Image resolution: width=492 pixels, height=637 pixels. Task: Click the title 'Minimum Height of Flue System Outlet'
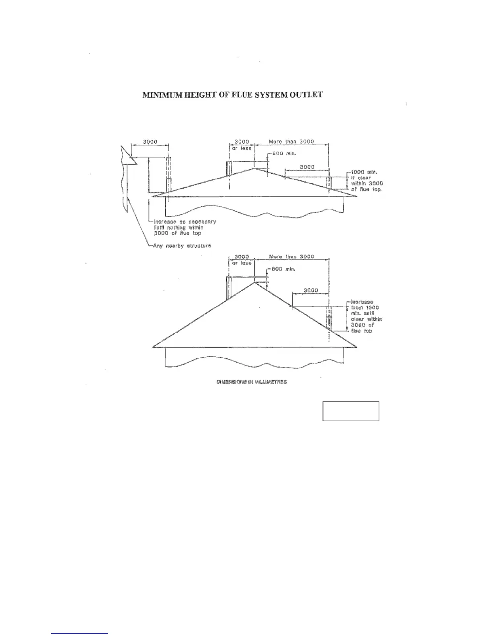(232, 95)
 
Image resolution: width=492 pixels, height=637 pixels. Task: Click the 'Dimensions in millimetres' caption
(252, 382)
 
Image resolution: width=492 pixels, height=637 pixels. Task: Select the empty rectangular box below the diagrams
(351, 411)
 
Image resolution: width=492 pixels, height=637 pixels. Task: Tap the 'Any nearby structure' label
(182, 246)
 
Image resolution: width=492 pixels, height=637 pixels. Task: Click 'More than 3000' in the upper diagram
(291, 142)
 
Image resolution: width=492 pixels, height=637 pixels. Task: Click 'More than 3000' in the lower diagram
(291, 257)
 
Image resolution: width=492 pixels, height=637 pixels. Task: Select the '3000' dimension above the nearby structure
(150, 142)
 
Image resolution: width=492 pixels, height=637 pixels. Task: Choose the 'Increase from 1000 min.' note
(365, 316)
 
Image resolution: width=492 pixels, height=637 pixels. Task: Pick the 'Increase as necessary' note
(185, 227)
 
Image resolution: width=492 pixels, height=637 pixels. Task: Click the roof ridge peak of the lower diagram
(254, 283)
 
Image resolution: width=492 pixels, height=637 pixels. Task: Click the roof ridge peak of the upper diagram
(254, 168)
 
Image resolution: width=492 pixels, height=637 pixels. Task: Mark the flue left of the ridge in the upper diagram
(229, 168)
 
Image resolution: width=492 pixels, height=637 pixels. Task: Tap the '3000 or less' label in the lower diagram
(242, 260)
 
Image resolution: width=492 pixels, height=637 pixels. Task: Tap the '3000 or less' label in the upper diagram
(242, 145)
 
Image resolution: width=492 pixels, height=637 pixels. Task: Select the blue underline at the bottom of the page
(80, 633)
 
